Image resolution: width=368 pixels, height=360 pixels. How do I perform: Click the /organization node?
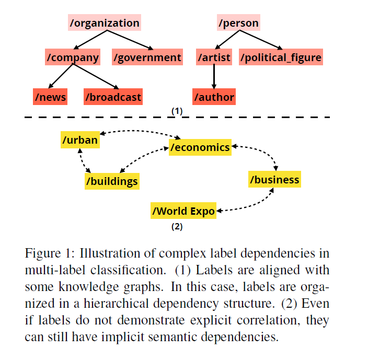tap(105, 22)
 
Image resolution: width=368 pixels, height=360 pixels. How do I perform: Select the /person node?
tap(238, 22)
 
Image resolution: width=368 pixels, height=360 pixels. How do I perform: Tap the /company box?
tap(73, 57)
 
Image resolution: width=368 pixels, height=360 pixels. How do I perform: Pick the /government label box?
tap(147, 57)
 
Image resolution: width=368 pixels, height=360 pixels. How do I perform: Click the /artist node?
tap(214, 57)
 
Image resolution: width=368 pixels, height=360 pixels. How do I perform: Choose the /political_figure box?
tap(281, 57)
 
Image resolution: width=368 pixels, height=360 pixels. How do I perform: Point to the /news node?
tap(50, 97)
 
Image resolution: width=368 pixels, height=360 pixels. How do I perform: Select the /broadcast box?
tap(113, 97)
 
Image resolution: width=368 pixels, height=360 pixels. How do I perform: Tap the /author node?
tap(214, 97)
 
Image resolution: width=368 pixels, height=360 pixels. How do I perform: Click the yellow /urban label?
tap(80, 140)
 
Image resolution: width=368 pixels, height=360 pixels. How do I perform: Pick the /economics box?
tap(200, 147)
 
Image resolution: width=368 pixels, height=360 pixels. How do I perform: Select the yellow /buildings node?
tap(112, 181)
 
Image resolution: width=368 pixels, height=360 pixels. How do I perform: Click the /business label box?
tap(274, 179)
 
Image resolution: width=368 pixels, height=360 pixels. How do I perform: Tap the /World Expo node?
tap(183, 211)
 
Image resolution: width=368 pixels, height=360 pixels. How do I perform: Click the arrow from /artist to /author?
tap(214, 77)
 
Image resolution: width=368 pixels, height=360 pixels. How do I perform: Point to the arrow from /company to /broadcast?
tap(96, 76)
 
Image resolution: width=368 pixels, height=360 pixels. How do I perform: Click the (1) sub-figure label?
tap(177, 111)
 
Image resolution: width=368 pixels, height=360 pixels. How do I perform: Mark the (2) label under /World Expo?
tap(177, 227)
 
